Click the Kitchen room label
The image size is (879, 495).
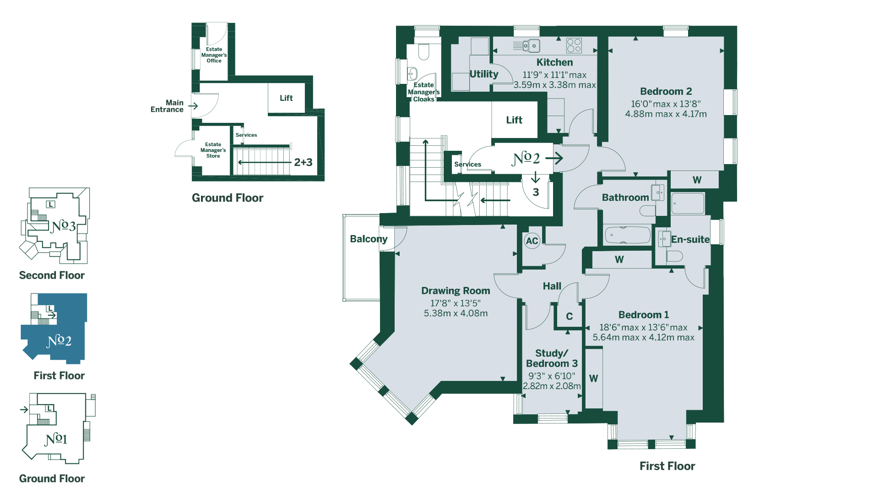tap(554, 62)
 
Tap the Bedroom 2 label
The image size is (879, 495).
tap(666, 91)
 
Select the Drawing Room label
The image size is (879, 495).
tap(456, 291)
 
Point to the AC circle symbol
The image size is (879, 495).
tap(532, 241)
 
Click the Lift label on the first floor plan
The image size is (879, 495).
tap(514, 120)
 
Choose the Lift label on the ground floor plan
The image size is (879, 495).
tap(286, 98)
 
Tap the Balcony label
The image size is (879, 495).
tap(369, 239)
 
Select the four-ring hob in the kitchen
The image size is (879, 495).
tap(574, 45)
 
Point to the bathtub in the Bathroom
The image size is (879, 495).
tap(627, 235)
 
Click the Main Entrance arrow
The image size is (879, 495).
tap(193, 106)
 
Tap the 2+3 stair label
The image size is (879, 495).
tap(303, 162)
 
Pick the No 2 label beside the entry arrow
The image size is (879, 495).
tap(526, 158)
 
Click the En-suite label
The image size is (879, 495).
tap(690, 239)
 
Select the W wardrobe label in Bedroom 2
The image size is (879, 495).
tap(697, 180)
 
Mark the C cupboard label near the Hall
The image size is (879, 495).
tap(569, 316)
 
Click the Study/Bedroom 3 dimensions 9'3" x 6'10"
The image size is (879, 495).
tap(552, 376)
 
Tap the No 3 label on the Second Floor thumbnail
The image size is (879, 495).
tap(63, 225)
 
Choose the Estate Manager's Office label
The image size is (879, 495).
tap(214, 55)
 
